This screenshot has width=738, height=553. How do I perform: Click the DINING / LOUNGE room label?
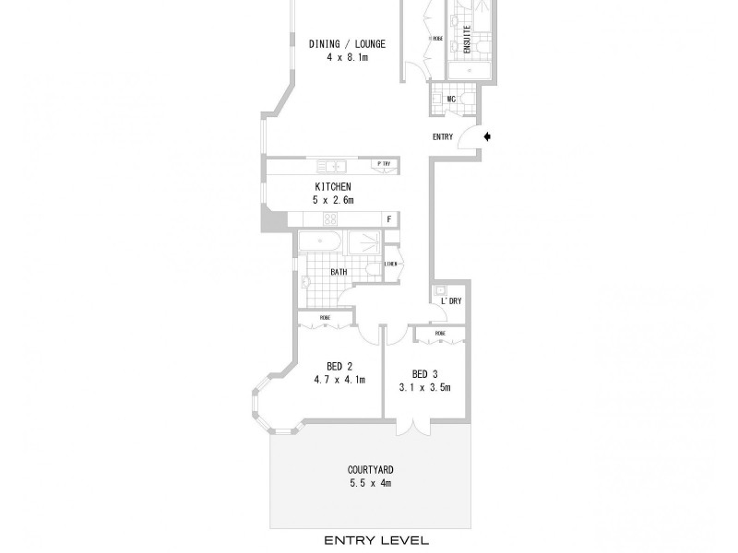tap(347, 43)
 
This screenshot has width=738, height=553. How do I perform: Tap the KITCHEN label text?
tap(334, 187)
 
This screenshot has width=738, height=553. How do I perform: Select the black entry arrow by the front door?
tap(488, 137)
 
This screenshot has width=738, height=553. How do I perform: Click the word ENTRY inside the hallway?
tap(443, 137)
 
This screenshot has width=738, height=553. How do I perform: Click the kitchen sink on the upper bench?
tap(330, 166)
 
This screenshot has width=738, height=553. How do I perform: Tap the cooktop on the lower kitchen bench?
tap(329, 219)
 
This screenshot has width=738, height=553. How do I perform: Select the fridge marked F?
tap(389, 219)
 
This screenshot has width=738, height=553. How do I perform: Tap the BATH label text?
tap(339, 273)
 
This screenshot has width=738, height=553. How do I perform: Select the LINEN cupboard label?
tap(391, 265)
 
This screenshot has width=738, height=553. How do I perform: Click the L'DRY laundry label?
tap(451, 301)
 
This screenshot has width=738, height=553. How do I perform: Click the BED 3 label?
tap(425, 374)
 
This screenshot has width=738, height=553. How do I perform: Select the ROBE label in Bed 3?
tap(440, 333)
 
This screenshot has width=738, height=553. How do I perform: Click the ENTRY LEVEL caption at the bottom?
tap(369, 540)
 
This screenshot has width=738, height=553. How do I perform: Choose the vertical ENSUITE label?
tap(467, 40)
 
